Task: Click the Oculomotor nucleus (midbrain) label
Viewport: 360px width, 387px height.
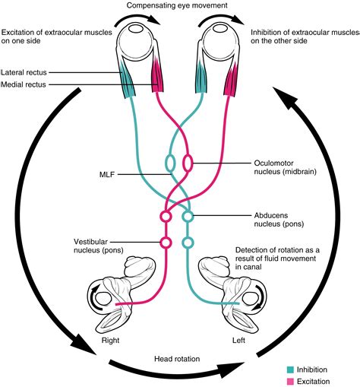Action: tap(280, 168)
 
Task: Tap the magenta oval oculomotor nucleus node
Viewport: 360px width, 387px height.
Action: tap(187, 163)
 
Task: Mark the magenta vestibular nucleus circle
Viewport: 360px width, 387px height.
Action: tap(165, 243)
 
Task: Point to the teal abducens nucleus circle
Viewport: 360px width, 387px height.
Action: tap(188, 217)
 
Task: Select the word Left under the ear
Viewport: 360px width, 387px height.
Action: tap(240, 340)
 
